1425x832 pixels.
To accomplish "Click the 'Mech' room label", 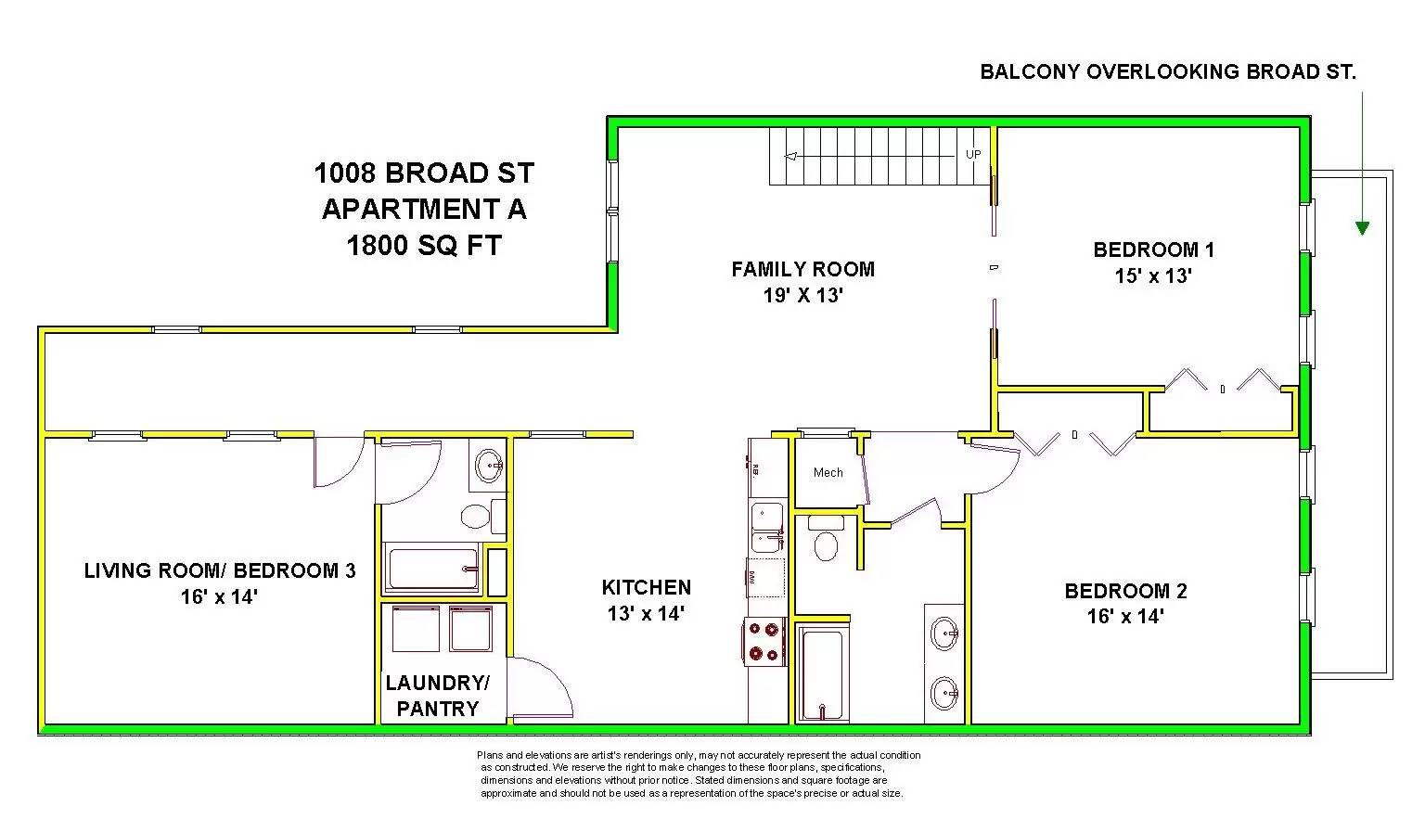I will [x=828, y=473].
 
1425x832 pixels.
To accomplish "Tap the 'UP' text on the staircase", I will [x=972, y=154].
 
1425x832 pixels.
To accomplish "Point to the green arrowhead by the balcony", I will [x=1361, y=227].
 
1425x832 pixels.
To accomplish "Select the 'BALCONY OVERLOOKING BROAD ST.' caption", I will [x=1167, y=72].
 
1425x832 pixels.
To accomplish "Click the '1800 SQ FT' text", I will [x=423, y=246].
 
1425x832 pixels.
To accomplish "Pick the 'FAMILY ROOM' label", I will [x=802, y=270].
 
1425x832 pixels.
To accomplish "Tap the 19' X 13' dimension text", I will [x=802, y=296].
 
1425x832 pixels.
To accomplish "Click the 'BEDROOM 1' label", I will [x=1153, y=250].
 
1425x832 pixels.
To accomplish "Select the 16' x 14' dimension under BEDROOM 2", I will [x=1125, y=617].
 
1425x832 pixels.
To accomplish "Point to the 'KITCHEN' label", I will [x=646, y=588].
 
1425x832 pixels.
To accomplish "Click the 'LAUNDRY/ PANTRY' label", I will [x=437, y=696].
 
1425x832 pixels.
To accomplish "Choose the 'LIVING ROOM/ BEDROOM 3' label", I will [x=220, y=570].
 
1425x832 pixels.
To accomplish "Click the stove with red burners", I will [x=764, y=642].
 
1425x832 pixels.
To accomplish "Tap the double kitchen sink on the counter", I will [x=767, y=527].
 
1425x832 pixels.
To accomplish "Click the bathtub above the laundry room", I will [x=433, y=568].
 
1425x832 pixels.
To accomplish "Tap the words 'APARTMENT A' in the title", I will [x=423, y=210].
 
